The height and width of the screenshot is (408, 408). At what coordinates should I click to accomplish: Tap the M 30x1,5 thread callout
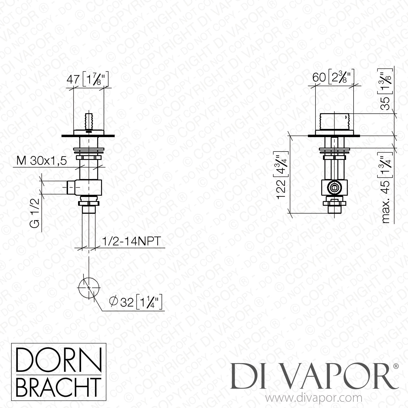tap(42, 161)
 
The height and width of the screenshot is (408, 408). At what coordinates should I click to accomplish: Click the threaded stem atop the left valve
tap(89, 120)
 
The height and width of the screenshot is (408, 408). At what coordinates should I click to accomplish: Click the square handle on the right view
tap(334, 122)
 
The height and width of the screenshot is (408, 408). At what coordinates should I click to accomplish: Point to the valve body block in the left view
tap(89, 187)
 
